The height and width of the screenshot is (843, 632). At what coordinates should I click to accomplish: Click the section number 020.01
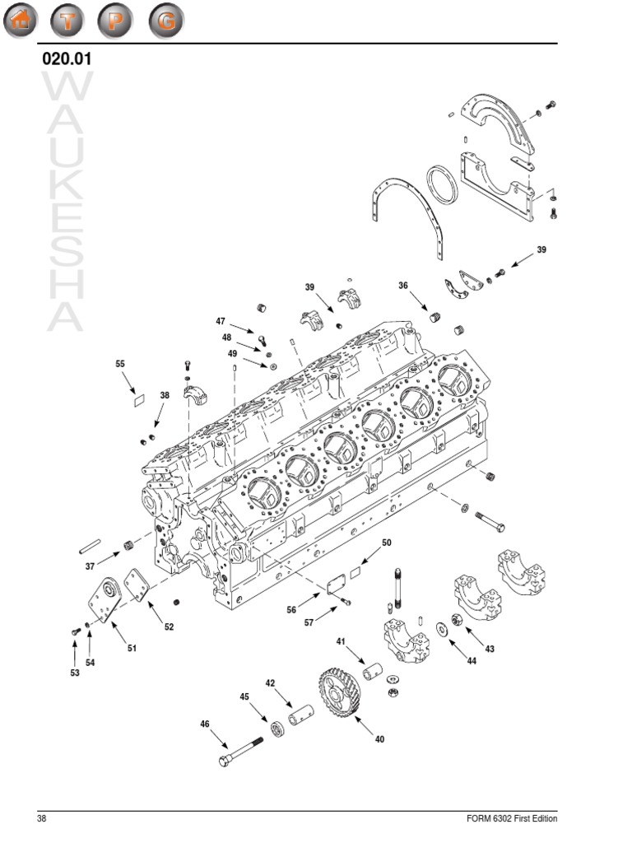coord(66,59)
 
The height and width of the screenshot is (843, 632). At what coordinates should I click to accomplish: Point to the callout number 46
coord(205,724)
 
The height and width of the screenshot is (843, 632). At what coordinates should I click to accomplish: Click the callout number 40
coord(379,739)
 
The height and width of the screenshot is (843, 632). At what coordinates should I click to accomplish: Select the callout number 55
coord(120,363)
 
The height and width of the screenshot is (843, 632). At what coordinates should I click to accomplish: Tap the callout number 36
coord(403,286)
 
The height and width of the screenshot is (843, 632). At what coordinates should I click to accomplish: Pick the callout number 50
coord(387,543)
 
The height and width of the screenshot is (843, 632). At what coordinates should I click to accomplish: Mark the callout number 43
coord(490,650)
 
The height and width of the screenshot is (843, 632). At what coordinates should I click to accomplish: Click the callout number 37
coord(91,566)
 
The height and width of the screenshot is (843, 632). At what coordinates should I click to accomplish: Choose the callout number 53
coord(74,673)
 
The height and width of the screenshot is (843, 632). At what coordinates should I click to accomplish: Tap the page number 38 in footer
coord(41,819)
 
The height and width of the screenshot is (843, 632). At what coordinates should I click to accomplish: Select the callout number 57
coord(309,623)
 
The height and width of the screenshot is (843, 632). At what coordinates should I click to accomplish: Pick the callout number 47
coord(221,321)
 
